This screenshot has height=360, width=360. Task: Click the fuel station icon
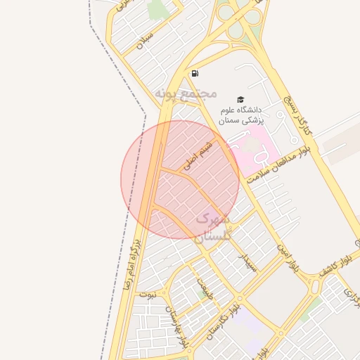click(x=194, y=73)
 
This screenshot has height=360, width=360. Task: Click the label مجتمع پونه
click(x=186, y=93)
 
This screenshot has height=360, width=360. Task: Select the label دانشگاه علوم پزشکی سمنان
click(x=240, y=115)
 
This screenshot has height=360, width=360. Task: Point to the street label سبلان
click(x=146, y=40)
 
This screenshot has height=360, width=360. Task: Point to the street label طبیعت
click(x=204, y=290)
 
